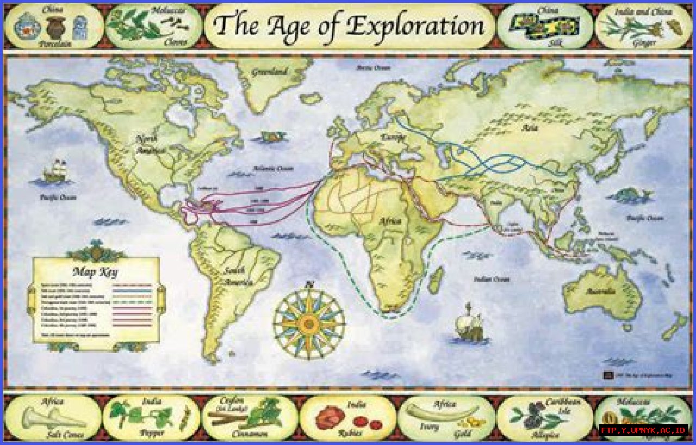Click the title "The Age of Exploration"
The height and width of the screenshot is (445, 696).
click(x=349, y=25)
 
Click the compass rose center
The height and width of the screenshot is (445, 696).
click(x=309, y=323)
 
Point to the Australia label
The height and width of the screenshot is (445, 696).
click(x=600, y=291)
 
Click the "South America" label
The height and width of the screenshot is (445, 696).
click(x=236, y=276)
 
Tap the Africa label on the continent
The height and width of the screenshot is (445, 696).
click(x=390, y=221)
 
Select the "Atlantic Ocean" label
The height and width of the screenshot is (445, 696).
click(x=276, y=169)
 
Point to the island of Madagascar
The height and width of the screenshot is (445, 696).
click(x=435, y=281)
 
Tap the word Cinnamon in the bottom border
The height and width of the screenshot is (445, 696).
click(x=249, y=434)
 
